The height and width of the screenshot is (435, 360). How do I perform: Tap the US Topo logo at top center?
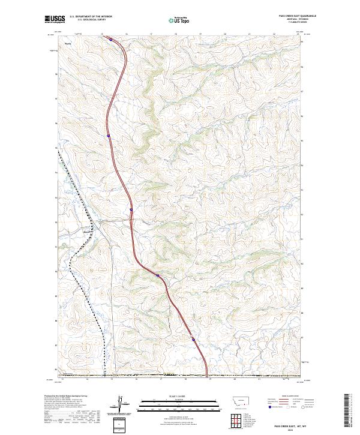tap(179, 20)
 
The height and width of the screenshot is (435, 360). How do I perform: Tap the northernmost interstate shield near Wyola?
tap(110, 40)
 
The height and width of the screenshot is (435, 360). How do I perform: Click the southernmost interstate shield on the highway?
tap(194, 339)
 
